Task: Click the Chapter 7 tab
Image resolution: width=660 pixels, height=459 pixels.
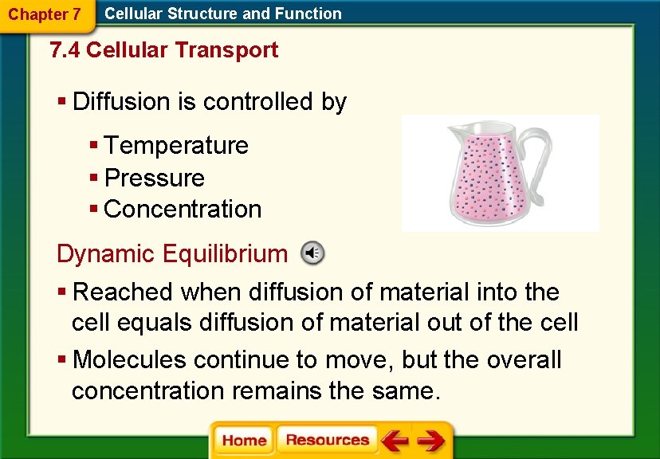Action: click(44, 14)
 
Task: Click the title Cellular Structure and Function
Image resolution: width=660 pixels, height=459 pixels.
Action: click(223, 14)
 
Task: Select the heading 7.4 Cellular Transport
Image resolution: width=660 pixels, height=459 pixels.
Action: click(163, 50)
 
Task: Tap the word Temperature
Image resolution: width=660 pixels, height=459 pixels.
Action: click(176, 146)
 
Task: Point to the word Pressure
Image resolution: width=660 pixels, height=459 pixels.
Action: click(155, 178)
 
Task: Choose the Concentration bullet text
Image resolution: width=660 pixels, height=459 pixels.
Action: click(183, 209)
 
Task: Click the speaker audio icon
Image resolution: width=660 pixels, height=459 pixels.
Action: click(312, 253)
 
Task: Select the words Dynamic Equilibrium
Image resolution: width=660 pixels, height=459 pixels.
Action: click(171, 253)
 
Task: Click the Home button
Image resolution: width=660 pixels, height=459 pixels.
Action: click(244, 441)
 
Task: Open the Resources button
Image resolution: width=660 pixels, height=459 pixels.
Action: click(327, 441)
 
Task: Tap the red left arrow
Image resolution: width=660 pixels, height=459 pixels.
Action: click(395, 441)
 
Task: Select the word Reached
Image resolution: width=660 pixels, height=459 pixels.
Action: click(124, 292)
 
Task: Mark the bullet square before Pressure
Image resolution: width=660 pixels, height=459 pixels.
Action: click(93, 177)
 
